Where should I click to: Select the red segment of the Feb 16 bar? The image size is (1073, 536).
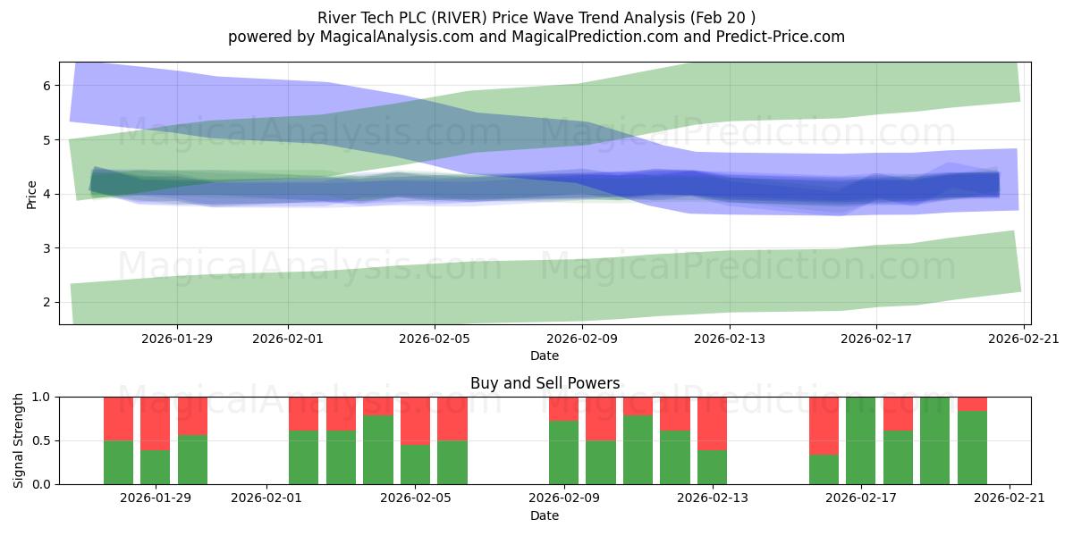click(824, 425)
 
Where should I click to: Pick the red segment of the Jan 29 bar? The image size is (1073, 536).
click(156, 423)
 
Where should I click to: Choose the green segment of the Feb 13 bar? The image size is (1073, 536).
click(712, 467)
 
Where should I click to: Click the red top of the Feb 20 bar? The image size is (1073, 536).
click(972, 404)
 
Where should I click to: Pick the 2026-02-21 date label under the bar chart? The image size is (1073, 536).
click(1009, 498)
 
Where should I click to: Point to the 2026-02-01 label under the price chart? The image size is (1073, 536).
click(288, 339)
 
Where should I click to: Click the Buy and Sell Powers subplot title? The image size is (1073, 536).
click(545, 383)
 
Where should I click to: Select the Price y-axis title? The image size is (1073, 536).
click(31, 194)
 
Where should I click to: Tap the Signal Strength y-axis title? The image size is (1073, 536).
click(19, 440)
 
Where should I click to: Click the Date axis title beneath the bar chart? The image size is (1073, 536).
click(545, 515)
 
